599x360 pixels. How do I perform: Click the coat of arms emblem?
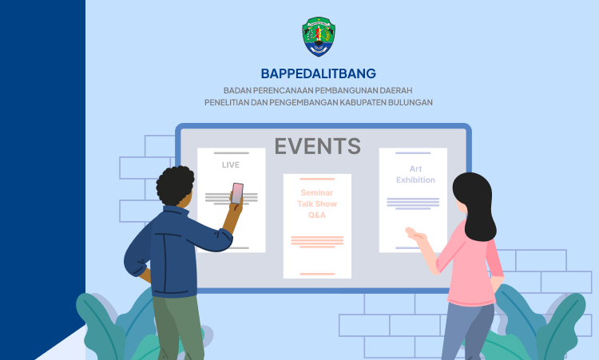(x=319, y=37)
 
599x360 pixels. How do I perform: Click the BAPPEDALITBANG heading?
(x=319, y=73)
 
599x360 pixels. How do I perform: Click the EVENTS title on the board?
(x=317, y=146)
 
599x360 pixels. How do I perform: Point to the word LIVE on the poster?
(x=231, y=165)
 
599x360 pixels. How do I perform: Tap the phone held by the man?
(x=237, y=193)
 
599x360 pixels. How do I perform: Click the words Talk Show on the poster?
(x=317, y=204)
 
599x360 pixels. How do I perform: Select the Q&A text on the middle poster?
(x=317, y=216)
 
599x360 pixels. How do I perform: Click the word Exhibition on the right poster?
(x=415, y=180)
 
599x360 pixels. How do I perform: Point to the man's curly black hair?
(x=175, y=184)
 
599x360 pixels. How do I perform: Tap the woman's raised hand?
(x=415, y=234)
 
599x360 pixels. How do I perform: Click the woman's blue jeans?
(x=468, y=331)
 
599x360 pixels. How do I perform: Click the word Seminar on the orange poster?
(x=317, y=193)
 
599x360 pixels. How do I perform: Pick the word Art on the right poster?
(x=415, y=168)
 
